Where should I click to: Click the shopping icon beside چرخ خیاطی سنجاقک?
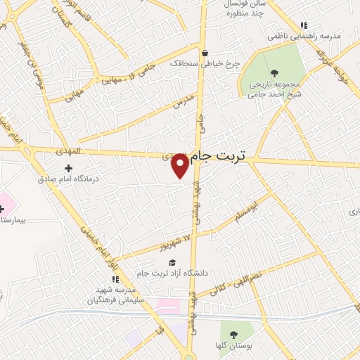click(205, 53)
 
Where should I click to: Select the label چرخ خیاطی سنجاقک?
click(205, 63)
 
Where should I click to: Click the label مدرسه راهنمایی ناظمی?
click(303, 35)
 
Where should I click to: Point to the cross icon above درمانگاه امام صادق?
click(68, 168)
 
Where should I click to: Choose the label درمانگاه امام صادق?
click(69, 179)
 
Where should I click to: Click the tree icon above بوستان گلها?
click(233, 335)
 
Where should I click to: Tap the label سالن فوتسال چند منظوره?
click(247, 8)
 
